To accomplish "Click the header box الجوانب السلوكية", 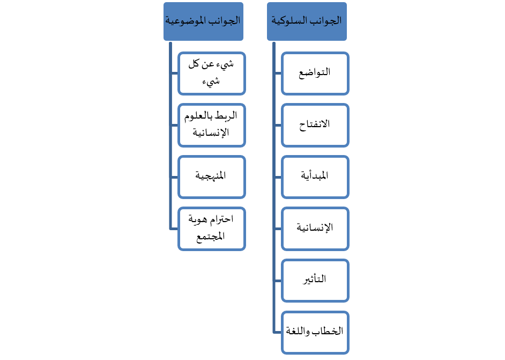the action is tap(307, 21).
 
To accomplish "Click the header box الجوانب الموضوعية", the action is tap(203, 21).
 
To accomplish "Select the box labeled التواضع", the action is tap(315, 74).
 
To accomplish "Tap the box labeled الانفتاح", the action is tap(315, 126).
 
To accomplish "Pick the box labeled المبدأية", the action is tap(315, 177).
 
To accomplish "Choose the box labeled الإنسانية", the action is tap(315, 229).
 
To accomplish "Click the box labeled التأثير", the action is tap(315, 281).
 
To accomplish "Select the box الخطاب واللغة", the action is tap(315, 333).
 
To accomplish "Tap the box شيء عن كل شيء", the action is tap(212, 74).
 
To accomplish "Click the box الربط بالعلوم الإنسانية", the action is tap(212, 126).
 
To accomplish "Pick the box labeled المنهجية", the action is tap(212, 177).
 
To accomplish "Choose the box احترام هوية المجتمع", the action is tap(212, 229).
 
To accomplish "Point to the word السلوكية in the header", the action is tap(287, 20).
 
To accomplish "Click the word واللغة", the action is tap(298, 331).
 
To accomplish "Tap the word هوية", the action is tap(198, 219).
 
